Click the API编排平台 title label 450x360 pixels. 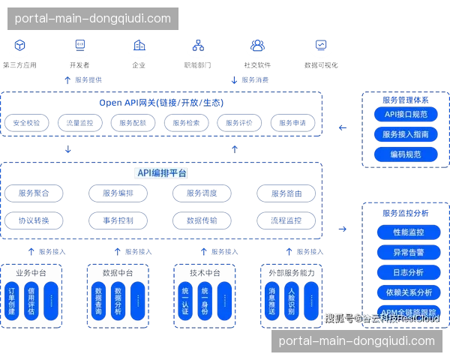tap(162, 173)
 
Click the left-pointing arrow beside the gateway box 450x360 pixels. tap(342, 127)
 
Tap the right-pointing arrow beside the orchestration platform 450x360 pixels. tap(342, 227)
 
